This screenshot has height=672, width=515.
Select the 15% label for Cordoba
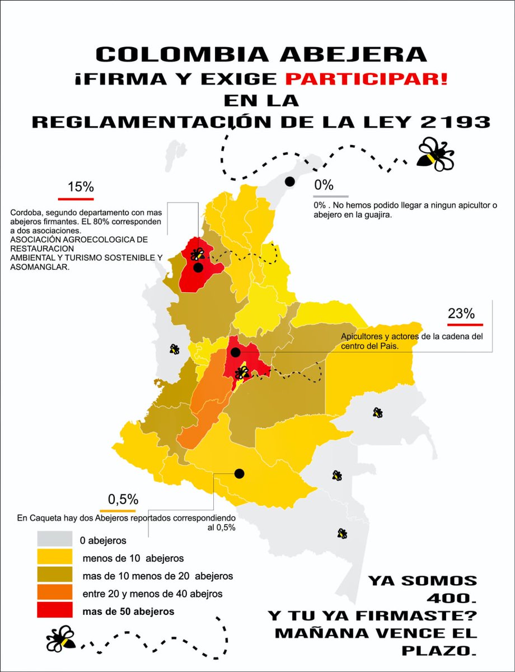coord(81,187)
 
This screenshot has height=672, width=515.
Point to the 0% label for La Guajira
coord(324,185)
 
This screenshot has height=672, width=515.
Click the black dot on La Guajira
coord(290,181)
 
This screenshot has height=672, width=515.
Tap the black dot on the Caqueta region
coord(240,474)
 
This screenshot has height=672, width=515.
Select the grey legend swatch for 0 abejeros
coord(54,539)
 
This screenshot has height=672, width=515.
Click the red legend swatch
coord(54,610)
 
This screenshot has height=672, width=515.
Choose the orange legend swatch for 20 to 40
coord(54,592)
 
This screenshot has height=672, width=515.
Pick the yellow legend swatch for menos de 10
coord(54,557)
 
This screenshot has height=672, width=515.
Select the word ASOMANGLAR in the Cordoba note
coord(37,268)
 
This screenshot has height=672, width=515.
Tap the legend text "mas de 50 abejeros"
coord(128,611)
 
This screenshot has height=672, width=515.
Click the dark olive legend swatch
coord(54,575)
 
